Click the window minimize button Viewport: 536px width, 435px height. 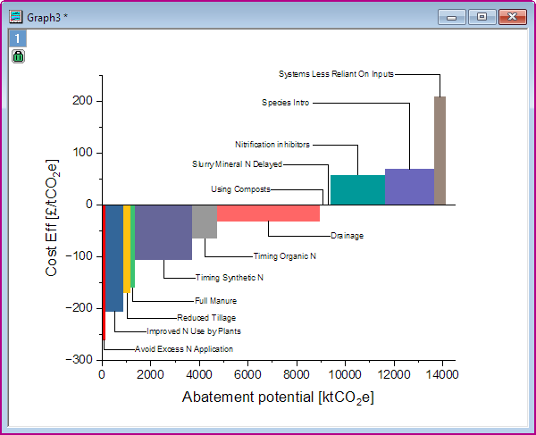(x=452, y=17)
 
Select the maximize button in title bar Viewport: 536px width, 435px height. (x=481, y=17)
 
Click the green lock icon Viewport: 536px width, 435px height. (x=19, y=56)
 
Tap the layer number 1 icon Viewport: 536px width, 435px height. (x=19, y=38)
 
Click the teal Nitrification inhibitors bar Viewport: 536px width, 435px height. (x=357, y=189)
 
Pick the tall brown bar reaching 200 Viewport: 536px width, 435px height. (x=440, y=150)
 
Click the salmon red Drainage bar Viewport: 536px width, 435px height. (x=268, y=213)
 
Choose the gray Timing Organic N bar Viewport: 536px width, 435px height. (x=205, y=221)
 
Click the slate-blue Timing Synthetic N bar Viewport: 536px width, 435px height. (x=163, y=232)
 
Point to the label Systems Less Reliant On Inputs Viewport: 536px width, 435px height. (x=336, y=75)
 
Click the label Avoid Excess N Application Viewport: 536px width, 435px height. (x=183, y=349)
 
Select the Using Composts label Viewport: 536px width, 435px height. (x=240, y=189)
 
